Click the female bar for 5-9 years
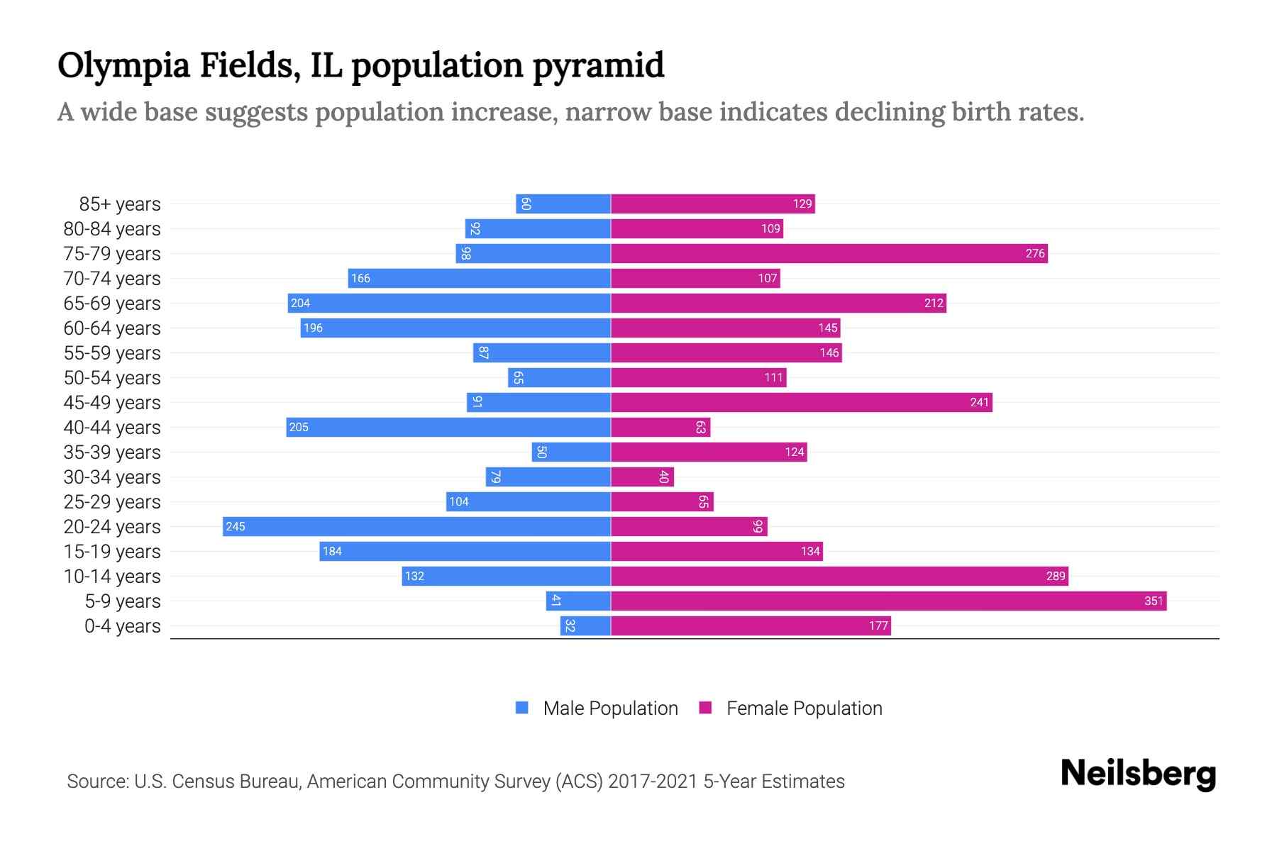[x=887, y=601]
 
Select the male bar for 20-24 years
[x=416, y=527]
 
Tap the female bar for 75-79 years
[x=829, y=254]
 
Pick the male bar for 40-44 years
[x=448, y=428]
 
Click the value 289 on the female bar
[x=1056, y=577]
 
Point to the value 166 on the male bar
[x=360, y=279]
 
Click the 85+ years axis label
[x=119, y=204]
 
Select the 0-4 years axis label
[x=122, y=626]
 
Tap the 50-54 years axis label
[x=112, y=378]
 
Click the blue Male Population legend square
[x=522, y=708]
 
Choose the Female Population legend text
[x=804, y=708]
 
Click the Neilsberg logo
[x=1138, y=774]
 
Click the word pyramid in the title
[x=597, y=66]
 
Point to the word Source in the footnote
[x=97, y=782]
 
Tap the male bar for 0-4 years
[x=585, y=626]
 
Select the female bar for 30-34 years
[x=642, y=477]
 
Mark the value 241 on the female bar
[x=979, y=403]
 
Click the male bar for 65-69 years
[x=449, y=304]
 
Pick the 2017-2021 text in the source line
[x=653, y=782]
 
